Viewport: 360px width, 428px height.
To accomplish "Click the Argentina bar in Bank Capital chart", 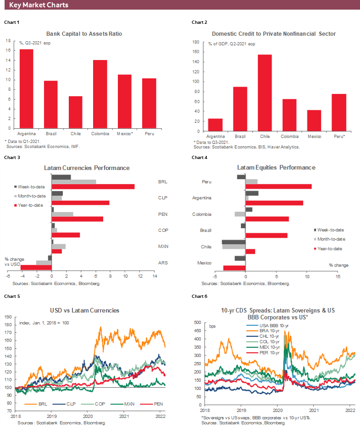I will [x=26, y=89].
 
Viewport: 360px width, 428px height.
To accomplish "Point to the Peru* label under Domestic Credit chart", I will [x=339, y=137].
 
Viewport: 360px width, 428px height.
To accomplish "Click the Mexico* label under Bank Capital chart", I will [x=125, y=133].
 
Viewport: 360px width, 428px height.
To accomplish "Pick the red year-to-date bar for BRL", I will [x=93, y=187].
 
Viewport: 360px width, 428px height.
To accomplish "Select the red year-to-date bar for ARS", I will [x=36, y=267].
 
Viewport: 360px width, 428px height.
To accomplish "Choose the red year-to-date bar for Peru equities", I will [x=279, y=187].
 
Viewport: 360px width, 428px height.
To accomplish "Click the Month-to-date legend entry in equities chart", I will [x=329, y=239].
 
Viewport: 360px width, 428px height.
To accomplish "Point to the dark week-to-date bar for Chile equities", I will [x=234, y=242].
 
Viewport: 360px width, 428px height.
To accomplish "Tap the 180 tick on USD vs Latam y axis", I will [x=9, y=324].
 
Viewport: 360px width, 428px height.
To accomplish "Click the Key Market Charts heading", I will [x=39, y=5].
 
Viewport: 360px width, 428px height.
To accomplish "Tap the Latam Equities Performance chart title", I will [x=276, y=168].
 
